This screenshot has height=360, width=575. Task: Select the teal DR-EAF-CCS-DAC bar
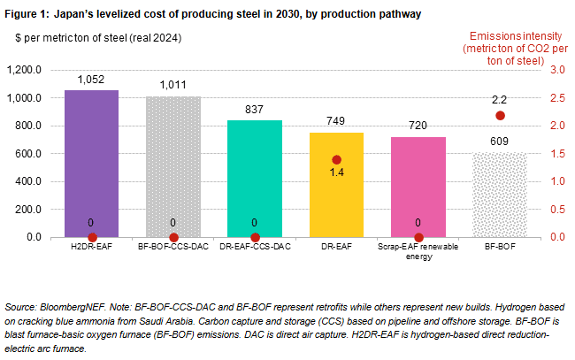[255, 178]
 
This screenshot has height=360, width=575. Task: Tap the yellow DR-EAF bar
[336, 190]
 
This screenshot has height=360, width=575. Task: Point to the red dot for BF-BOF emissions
[501, 115]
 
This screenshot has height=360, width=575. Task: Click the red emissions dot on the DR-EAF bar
[337, 160]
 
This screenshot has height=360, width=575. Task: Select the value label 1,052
[92, 80]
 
